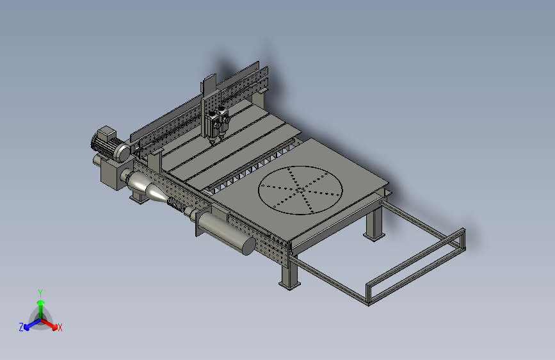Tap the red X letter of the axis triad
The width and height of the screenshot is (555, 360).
pyautogui.click(x=60, y=327)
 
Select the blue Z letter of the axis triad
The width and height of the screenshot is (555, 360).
pyautogui.click(x=21, y=327)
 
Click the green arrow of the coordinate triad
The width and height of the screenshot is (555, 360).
pyautogui.click(x=40, y=306)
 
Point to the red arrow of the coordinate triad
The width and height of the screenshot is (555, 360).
pyautogui.click(x=51, y=323)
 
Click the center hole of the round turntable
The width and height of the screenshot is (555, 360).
pyautogui.click(x=300, y=189)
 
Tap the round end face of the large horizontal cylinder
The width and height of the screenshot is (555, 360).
pyautogui.click(x=247, y=245)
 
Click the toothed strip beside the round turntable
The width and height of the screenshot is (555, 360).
pyautogui.click(x=250, y=170)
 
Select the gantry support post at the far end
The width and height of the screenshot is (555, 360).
pyautogui.click(x=261, y=99)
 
